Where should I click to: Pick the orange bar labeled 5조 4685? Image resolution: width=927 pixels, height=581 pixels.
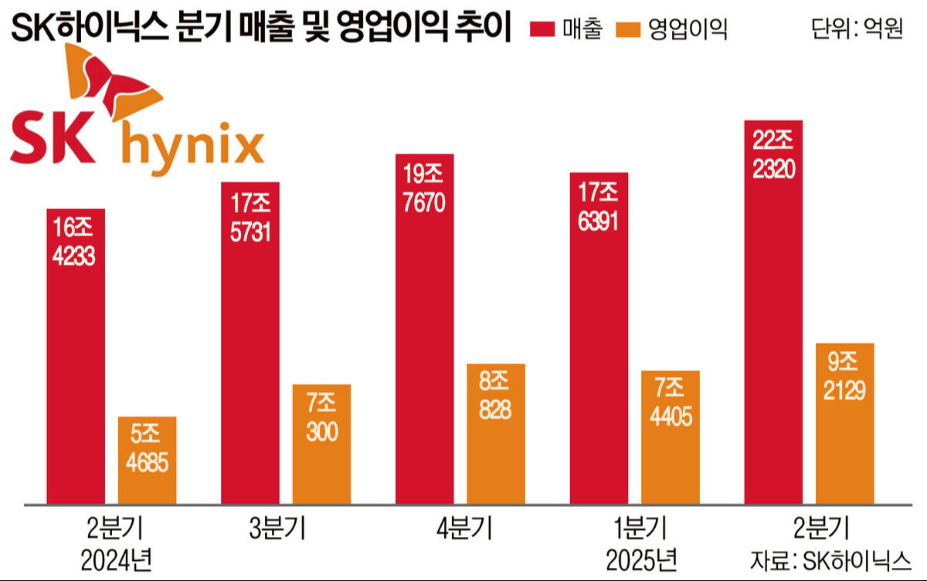pyautogui.click(x=147, y=463)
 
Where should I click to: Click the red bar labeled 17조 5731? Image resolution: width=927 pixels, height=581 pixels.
pyautogui.click(x=250, y=347)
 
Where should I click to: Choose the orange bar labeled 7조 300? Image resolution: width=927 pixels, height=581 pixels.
pyautogui.click(x=321, y=448)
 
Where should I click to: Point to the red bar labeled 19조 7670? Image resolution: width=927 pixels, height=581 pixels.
pyautogui.click(x=424, y=332)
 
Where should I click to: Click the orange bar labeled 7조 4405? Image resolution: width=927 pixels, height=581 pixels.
pyautogui.click(x=670, y=440)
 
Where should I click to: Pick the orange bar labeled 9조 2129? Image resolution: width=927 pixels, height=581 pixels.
pyautogui.click(x=844, y=424)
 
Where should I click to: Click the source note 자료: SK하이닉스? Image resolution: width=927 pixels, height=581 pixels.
pyautogui.click(x=830, y=557)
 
